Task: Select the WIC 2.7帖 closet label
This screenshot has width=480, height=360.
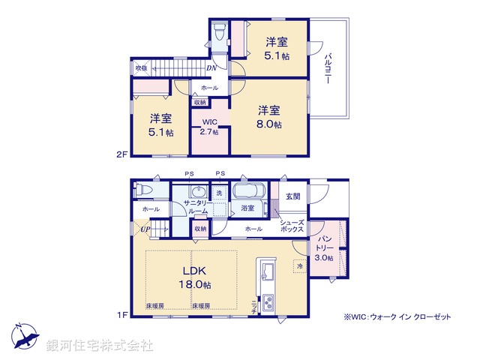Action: point(209,126)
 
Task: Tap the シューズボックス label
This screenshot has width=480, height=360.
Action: point(291,226)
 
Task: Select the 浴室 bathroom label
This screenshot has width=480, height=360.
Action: point(247,208)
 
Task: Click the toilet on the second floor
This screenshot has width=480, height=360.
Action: point(219,32)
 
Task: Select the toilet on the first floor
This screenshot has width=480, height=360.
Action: point(141,192)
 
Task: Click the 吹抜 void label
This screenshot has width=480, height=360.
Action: point(140,68)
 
